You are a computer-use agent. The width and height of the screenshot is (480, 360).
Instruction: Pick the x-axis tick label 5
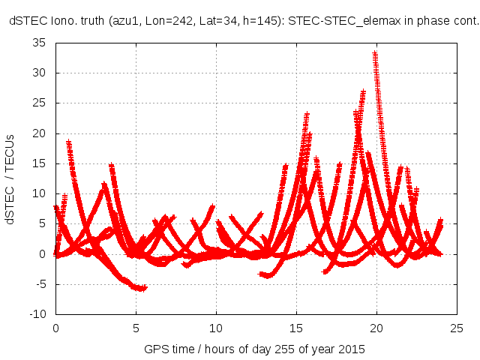coord(136,328)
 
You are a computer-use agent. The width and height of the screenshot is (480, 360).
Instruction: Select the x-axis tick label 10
coord(216,328)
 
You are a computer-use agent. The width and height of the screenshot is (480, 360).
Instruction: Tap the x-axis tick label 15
coord(296,328)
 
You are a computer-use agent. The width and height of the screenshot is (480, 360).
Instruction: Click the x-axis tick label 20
coord(376,328)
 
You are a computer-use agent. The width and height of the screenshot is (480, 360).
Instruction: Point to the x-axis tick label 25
coord(457,328)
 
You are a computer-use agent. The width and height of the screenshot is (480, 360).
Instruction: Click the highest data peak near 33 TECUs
coord(375,53)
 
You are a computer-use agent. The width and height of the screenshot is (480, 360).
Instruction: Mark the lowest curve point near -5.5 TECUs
coord(139,288)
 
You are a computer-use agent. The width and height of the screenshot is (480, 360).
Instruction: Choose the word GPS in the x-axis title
coord(154,350)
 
